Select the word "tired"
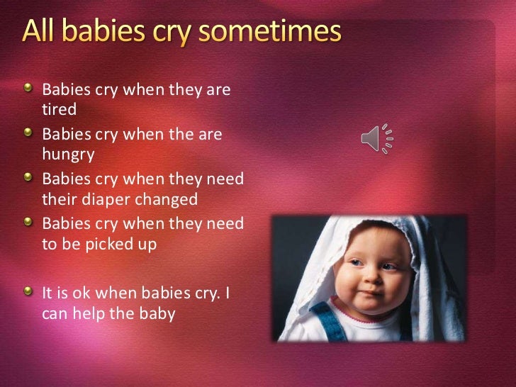pos(59,110)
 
